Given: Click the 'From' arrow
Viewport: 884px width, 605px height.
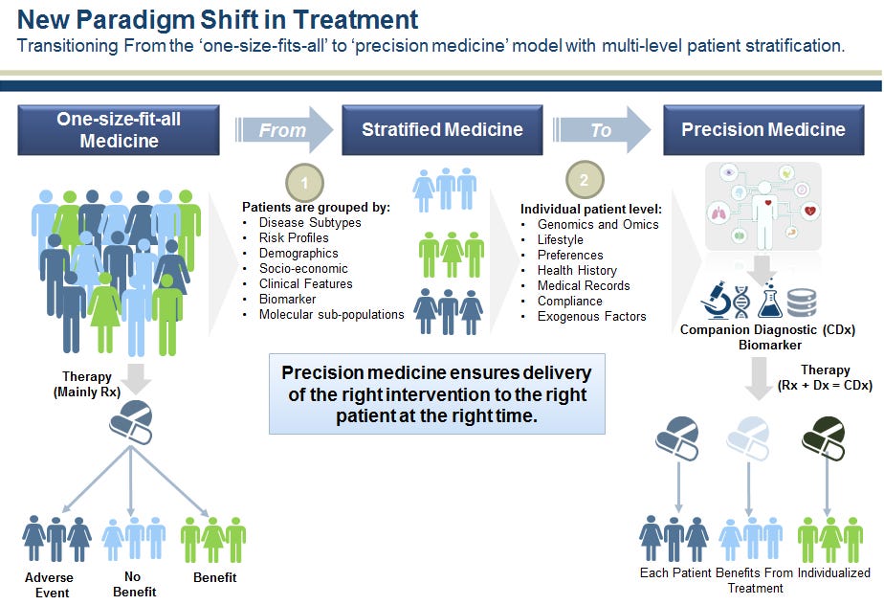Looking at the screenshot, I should pyautogui.click(x=285, y=129).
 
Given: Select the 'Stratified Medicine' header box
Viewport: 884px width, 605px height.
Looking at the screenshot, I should pyautogui.click(x=442, y=129).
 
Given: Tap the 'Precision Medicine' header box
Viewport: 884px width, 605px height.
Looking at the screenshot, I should pyautogui.click(x=762, y=129).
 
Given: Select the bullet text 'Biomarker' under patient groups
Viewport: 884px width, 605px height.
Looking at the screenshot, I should pyautogui.click(x=288, y=300).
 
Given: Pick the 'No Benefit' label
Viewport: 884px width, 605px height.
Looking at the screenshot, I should pyautogui.click(x=133, y=585).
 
